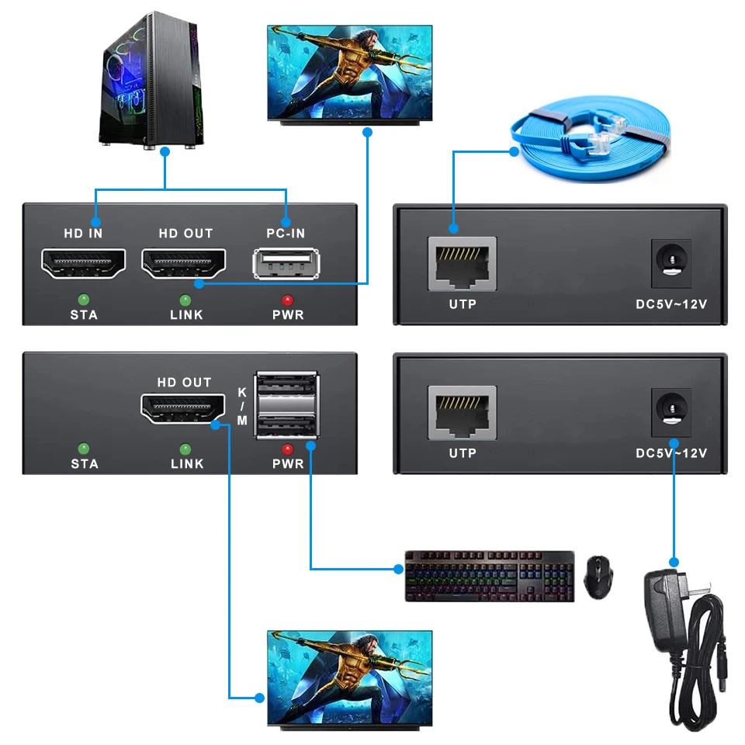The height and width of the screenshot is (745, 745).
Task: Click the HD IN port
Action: click(84, 264)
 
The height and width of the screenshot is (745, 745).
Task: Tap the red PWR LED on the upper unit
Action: click(287, 300)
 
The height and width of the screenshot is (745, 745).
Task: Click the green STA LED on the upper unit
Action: click(84, 300)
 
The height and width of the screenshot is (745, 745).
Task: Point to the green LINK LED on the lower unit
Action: click(185, 449)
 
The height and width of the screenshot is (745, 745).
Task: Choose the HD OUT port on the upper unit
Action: click(184, 264)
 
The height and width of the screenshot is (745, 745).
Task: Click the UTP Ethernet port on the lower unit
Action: click(462, 412)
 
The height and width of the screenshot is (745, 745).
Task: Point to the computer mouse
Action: click(598, 577)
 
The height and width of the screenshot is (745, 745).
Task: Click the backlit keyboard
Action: click(490, 576)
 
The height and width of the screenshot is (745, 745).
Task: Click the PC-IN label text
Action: click(286, 233)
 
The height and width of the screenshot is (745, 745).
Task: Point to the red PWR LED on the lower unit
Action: click(287, 449)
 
